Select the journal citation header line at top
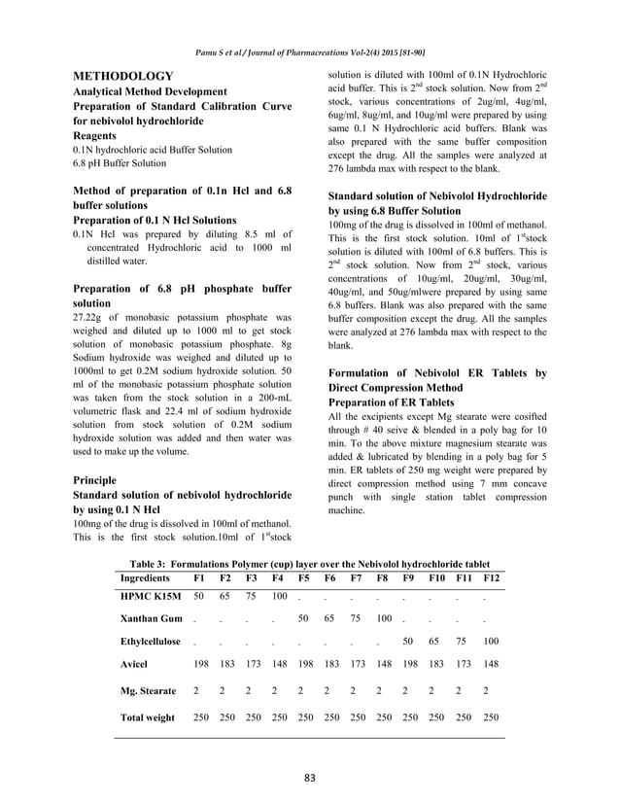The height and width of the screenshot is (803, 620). click(309, 51)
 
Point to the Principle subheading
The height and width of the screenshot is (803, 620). click(94, 480)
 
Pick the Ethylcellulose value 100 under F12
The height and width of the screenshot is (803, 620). click(491, 642)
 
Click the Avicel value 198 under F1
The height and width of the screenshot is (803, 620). click(200, 666)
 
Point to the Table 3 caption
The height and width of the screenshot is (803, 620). click(309, 563)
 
